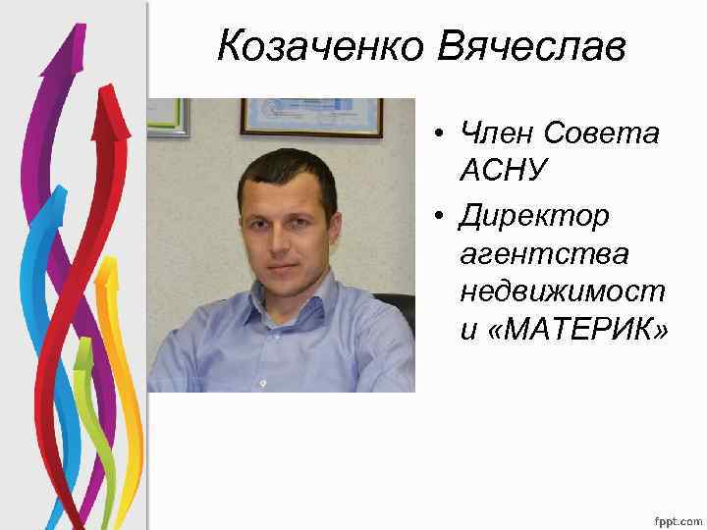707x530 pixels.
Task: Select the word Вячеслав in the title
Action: click(530, 46)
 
